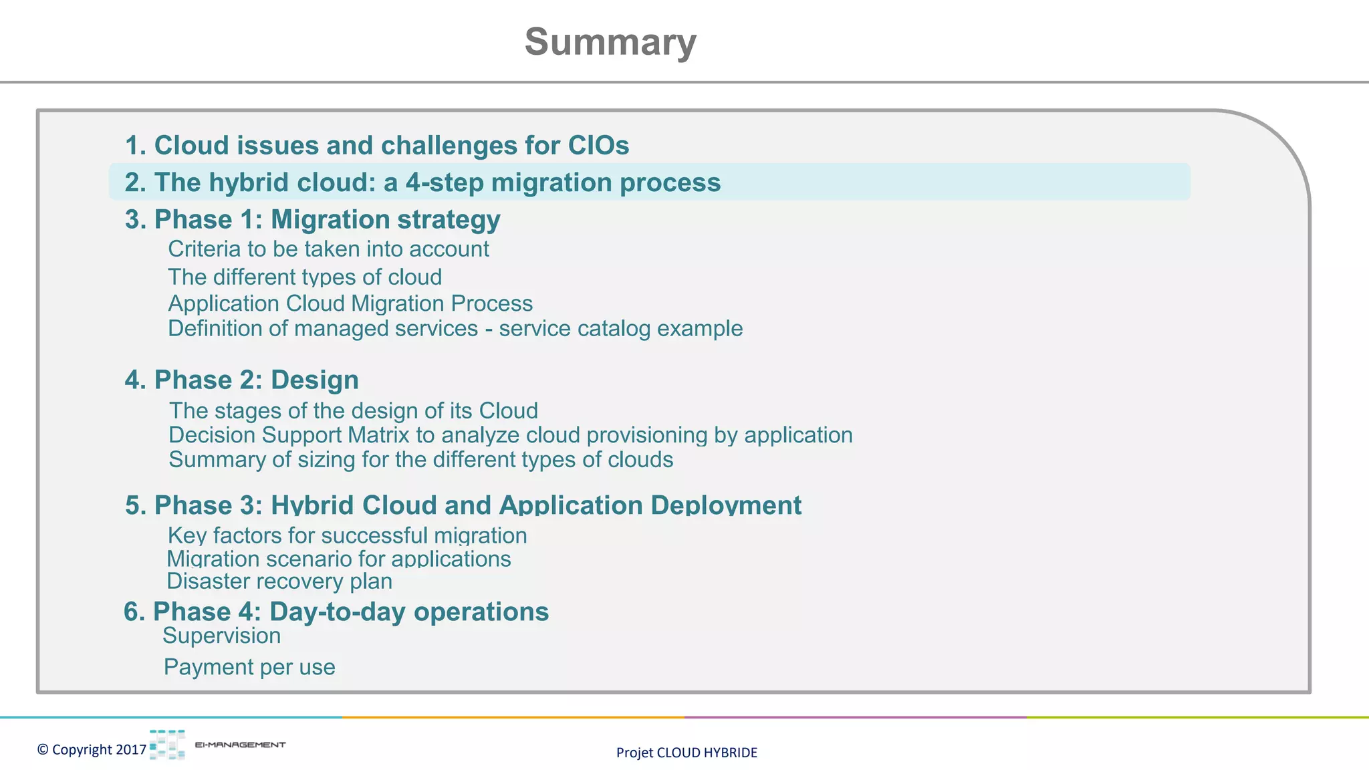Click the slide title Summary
click(610, 42)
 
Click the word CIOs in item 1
click(598, 146)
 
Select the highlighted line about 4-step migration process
click(422, 182)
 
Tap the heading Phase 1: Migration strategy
click(312, 220)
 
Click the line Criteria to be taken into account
click(328, 249)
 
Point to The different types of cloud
click(305, 277)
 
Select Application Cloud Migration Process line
click(350, 303)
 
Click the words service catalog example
click(620, 329)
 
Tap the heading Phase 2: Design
click(241, 380)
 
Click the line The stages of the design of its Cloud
click(353, 410)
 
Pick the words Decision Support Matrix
click(289, 435)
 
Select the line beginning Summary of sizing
click(420, 460)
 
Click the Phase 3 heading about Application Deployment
click(463, 505)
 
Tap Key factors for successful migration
click(347, 536)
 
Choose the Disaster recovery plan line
click(279, 582)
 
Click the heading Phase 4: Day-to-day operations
click(336, 612)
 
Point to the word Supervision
click(221, 636)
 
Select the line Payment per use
click(249, 667)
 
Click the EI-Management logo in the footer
click(217, 745)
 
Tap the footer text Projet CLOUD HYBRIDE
click(687, 753)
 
